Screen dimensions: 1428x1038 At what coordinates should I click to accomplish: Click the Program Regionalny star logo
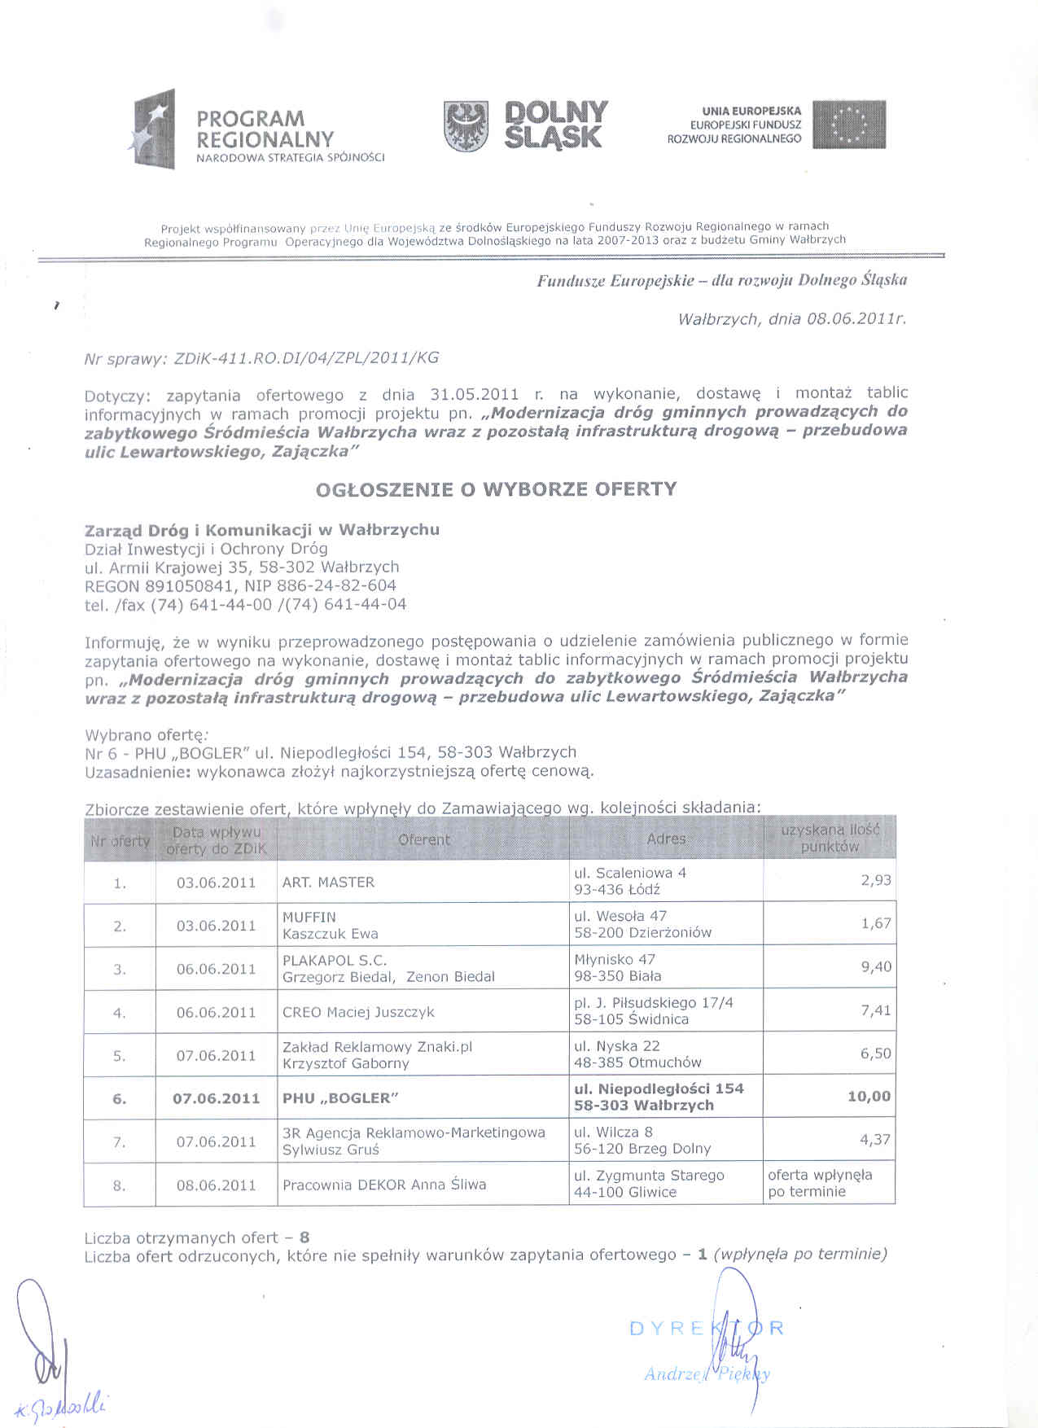(x=154, y=129)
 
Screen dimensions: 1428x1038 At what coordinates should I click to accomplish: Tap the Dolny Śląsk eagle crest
(x=466, y=127)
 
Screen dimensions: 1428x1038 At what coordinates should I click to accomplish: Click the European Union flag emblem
(x=848, y=125)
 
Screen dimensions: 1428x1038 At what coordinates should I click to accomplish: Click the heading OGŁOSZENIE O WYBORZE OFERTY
(x=497, y=489)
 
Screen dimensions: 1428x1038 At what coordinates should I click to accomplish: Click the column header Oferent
(x=424, y=839)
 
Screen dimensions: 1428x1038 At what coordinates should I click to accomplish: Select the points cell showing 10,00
(x=869, y=1097)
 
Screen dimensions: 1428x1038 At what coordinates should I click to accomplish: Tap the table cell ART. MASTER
(x=328, y=883)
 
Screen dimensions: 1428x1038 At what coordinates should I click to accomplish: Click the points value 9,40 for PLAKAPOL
(x=875, y=967)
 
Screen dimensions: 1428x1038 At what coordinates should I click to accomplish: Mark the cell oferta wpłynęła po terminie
(x=819, y=1183)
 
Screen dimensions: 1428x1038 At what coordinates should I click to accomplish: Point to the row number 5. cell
(x=120, y=1057)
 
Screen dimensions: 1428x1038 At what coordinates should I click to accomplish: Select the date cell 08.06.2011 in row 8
(x=216, y=1185)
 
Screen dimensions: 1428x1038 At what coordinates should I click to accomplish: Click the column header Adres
(x=666, y=839)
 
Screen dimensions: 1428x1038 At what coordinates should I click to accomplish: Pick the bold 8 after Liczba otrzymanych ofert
(x=304, y=1237)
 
